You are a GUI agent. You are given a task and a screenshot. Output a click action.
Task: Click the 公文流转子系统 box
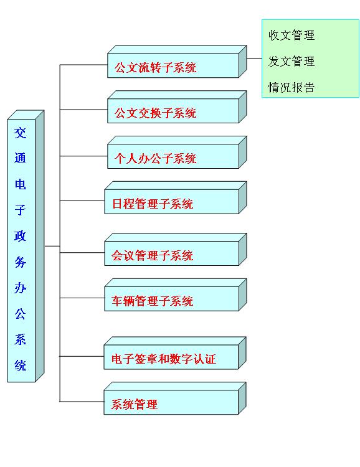177,62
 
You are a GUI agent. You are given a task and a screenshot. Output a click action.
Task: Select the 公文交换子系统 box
177,107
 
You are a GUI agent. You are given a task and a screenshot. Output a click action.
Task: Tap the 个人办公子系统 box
177,152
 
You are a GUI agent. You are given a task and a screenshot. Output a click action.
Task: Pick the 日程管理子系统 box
176,198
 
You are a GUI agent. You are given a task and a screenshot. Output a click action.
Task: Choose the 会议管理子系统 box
176,250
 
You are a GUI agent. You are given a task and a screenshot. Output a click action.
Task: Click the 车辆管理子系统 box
176,295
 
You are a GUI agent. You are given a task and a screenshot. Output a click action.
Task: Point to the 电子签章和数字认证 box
175,353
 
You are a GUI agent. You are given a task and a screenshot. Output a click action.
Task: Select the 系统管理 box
175,399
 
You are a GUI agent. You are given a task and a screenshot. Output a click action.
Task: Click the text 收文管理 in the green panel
291,35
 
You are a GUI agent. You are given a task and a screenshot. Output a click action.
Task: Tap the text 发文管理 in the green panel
291,62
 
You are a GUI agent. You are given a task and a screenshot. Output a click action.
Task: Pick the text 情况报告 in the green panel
291,88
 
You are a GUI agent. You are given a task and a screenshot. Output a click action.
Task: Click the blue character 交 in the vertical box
21,133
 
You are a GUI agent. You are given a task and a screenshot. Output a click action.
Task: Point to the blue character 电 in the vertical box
21,184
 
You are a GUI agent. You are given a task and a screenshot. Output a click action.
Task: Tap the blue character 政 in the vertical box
21,236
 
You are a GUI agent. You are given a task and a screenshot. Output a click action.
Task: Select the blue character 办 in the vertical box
21,288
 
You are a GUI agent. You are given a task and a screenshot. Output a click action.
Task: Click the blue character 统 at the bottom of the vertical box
21,365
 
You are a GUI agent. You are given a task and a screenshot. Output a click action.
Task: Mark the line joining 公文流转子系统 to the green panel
255,59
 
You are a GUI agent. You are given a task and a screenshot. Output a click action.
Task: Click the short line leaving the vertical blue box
52,246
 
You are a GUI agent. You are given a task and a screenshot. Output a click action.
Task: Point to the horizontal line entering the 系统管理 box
82,402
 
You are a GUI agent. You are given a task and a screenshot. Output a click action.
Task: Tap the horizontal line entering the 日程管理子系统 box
82,200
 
